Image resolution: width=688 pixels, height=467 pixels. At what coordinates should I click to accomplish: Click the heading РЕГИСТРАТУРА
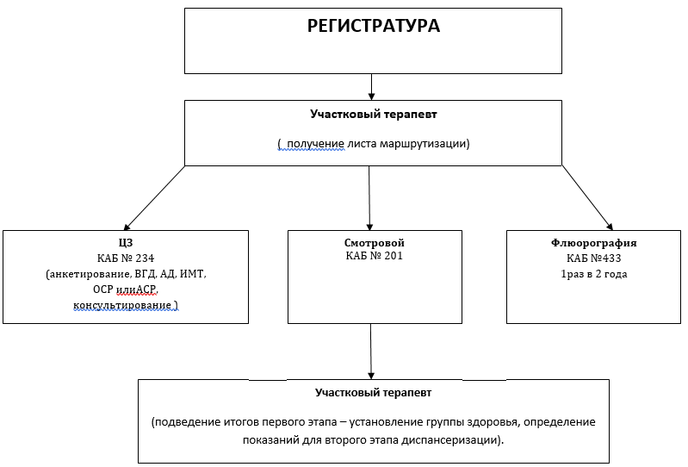pyautogui.click(x=374, y=26)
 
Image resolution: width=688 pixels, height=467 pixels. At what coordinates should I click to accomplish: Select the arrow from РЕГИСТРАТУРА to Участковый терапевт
pyautogui.click(x=372, y=86)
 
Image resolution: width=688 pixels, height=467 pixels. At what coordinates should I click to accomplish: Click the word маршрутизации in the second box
pyautogui.click(x=427, y=144)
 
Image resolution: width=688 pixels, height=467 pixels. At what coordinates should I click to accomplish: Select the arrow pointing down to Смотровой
pyautogui.click(x=369, y=196)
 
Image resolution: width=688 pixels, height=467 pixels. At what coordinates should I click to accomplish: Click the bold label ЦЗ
pyautogui.click(x=125, y=242)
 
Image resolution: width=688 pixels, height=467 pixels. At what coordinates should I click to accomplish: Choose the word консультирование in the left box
pyautogui.click(x=121, y=305)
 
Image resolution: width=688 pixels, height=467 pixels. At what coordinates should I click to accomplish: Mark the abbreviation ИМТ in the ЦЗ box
pyautogui.click(x=195, y=273)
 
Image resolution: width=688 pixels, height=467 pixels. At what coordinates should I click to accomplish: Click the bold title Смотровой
pyautogui.click(x=374, y=243)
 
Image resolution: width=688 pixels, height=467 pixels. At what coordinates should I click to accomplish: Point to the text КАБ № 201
pyautogui.click(x=374, y=256)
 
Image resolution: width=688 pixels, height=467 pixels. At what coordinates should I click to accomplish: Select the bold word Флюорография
pyautogui.click(x=594, y=243)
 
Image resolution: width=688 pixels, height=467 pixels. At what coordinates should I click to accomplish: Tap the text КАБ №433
pyautogui.click(x=594, y=258)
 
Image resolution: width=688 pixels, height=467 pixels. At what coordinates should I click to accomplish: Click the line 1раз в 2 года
pyautogui.click(x=594, y=273)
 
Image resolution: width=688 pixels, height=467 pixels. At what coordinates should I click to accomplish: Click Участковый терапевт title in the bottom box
pyautogui.click(x=373, y=392)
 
